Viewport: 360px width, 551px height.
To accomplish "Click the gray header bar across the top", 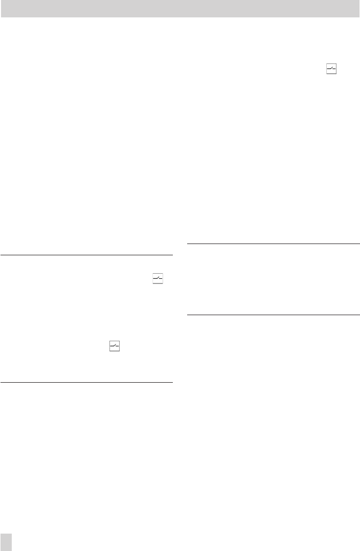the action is [180, 9].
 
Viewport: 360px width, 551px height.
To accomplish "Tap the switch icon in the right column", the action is [331, 70].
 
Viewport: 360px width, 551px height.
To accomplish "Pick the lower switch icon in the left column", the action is [114, 347].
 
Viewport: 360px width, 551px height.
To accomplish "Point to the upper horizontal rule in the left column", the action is [86, 255].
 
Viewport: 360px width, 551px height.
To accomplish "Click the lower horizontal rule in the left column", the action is [86, 382].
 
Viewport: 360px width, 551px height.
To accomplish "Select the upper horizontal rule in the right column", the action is [274, 244].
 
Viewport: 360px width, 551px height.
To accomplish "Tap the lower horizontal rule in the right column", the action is [274, 315].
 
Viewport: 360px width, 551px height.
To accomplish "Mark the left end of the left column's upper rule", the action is [2, 255].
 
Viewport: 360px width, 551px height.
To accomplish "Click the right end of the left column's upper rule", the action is [172, 255].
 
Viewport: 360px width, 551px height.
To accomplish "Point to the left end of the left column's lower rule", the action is [2, 382].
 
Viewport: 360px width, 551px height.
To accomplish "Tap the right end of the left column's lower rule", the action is [172, 382].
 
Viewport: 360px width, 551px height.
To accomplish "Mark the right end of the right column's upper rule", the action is [359, 244].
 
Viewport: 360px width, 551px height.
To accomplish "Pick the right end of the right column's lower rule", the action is [359, 315].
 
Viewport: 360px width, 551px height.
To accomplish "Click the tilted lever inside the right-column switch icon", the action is [331, 70].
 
